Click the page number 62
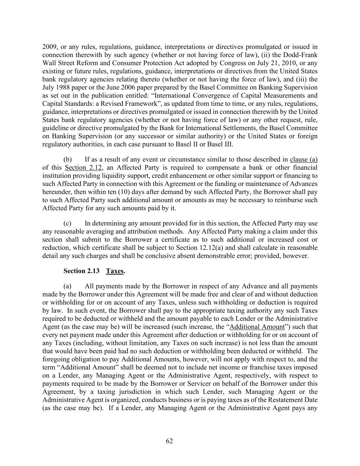point(169,441)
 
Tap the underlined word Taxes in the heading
point(114,271)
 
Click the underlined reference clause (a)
point(304,159)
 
